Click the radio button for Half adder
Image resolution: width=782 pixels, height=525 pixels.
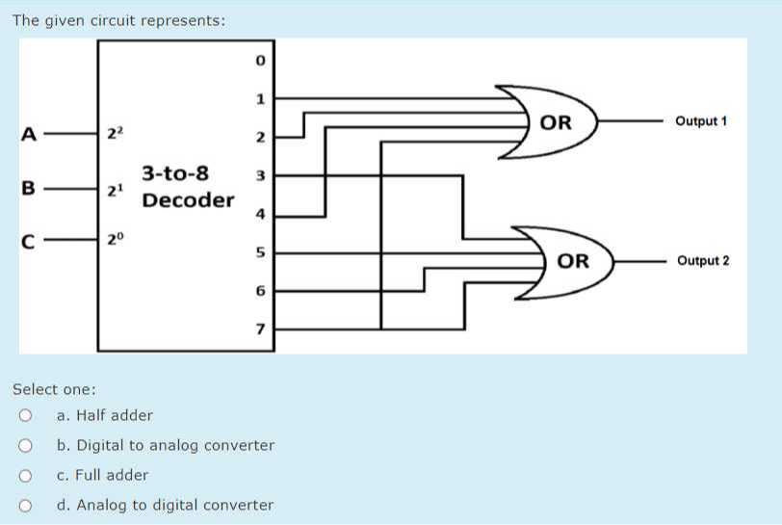(25, 416)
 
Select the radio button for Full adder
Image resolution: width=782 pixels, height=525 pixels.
(25, 475)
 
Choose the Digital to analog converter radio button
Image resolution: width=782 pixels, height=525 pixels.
(25, 446)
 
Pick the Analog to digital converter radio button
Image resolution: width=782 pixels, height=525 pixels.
(25, 505)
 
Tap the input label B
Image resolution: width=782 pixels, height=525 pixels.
(29, 189)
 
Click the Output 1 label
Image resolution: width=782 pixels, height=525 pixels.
(701, 121)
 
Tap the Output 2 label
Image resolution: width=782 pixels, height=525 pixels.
(703, 261)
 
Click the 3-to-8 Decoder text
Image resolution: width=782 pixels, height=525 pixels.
(188, 188)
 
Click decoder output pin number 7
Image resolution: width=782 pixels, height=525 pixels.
(259, 329)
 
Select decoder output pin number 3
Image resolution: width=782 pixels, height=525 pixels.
(259, 176)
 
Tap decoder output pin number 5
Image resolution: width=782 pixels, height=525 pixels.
(259, 253)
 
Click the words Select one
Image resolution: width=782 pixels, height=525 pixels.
(54, 390)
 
